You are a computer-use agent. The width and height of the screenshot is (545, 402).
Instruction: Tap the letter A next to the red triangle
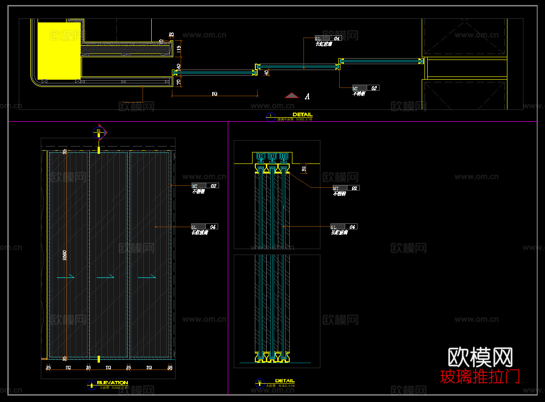coord(307,96)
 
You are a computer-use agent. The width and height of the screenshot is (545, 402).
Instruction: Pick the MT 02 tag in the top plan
coord(366,88)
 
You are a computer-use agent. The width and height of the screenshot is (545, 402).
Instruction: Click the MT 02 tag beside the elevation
coord(205,185)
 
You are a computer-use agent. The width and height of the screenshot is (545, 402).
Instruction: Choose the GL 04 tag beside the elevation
coord(204,227)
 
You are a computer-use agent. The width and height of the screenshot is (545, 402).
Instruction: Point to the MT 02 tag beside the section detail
coord(346,188)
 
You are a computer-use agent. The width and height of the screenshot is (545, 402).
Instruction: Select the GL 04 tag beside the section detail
coord(344,227)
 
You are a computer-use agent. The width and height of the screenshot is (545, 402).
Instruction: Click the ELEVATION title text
coord(112,382)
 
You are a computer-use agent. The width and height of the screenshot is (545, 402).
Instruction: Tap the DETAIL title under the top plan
coord(303,114)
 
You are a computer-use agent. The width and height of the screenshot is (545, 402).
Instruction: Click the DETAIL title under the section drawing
coord(285,380)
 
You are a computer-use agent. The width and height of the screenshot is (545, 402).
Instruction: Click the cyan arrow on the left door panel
coord(66,277)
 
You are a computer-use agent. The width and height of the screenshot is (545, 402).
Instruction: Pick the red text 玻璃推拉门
coord(480,377)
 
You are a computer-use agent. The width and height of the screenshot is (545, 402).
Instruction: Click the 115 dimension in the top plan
coord(179,48)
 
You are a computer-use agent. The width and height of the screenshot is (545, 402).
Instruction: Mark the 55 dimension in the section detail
coord(304,169)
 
